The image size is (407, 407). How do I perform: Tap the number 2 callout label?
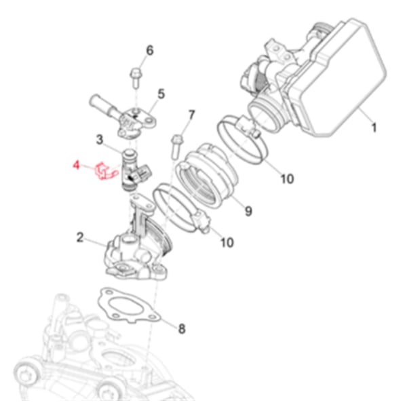[80, 237]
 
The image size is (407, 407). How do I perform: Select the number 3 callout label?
[99, 140]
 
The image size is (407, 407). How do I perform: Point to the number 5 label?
[161, 94]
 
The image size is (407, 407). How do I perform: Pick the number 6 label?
[150, 50]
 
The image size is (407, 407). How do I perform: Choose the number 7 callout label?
[191, 115]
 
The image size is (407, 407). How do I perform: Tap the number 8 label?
[182, 330]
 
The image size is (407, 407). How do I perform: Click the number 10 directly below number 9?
[227, 242]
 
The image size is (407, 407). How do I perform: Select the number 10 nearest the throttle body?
[287, 179]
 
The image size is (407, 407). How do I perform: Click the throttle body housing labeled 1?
[319, 81]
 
